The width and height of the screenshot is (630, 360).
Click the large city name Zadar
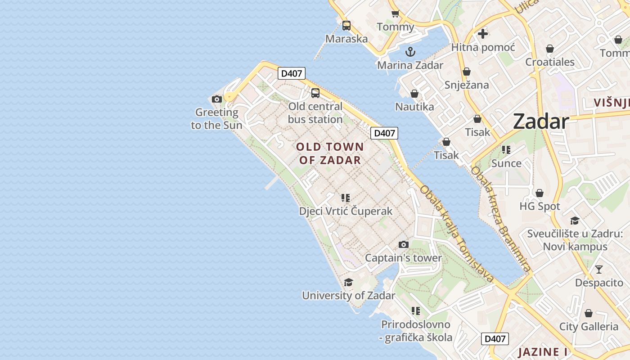click(540, 121)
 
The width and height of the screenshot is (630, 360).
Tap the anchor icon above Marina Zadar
click(410, 52)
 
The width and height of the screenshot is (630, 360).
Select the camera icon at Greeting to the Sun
click(217, 99)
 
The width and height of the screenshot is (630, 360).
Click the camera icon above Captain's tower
click(404, 244)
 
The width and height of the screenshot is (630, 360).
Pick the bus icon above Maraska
click(346, 26)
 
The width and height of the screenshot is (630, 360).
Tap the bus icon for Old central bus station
click(315, 93)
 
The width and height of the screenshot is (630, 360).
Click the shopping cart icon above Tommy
click(395, 13)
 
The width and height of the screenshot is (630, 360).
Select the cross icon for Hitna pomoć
click(483, 34)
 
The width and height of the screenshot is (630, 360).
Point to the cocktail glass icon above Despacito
click(598, 270)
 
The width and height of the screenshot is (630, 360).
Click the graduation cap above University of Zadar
click(348, 282)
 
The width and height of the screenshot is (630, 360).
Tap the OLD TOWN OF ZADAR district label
click(330, 153)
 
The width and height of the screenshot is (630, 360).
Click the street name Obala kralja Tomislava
click(456, 234)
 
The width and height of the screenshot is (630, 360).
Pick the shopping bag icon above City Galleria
click(588, 313)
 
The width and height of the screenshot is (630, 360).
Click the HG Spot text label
click(540, 207)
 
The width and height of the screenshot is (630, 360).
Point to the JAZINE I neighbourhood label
click(542, 352)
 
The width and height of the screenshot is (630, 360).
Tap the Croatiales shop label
click(550, 62)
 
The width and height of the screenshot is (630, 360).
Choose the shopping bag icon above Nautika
click(414, 94)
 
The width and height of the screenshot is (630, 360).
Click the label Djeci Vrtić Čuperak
click(346, 211)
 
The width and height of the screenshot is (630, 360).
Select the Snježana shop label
click(467, 85)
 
